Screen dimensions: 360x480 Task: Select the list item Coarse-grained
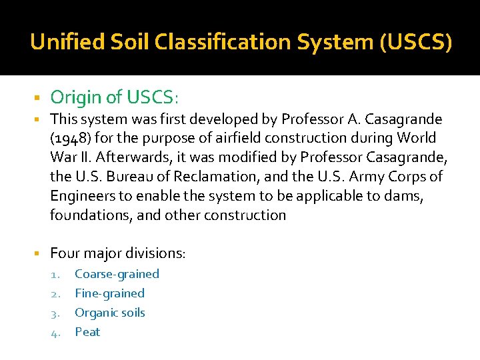point(117,274)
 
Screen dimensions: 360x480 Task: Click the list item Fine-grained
point(109,293)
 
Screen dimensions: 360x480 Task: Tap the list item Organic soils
point(110,313)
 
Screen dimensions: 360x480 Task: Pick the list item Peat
point(87,332)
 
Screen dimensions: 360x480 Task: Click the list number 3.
point(57,313)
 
